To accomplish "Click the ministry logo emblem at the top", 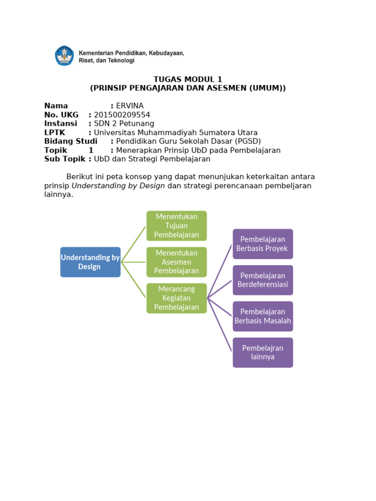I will click(64, 56).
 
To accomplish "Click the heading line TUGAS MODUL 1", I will click(188, 79).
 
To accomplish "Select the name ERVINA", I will click(130, 106).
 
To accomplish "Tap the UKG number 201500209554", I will click(122, 114).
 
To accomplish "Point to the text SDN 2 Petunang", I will click(124, 123).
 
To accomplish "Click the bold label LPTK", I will click(54, 133).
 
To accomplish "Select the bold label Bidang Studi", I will click(70, 141).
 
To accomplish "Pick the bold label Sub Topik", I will click(65, 159).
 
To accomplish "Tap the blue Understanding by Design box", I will click(90, 262).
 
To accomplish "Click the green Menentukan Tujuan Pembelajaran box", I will click(176, 226).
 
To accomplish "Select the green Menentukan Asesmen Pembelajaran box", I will click(176, 262).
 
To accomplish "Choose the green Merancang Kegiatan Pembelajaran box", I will click(176, 298).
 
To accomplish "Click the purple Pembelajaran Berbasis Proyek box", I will click(262, 244).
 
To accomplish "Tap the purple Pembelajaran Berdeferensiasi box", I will click(262, 280).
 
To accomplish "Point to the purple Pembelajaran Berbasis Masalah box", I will click(262, 316).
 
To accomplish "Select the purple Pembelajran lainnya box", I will click(262, 352).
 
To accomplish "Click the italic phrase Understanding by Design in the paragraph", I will click(118, 186).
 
